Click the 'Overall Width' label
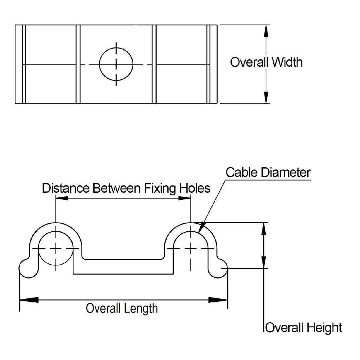point(266,62)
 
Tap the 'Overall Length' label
point(122,308)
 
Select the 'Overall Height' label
point(304,327)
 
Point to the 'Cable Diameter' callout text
point(268,172)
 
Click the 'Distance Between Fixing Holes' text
point(126,188)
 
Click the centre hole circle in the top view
point(116,64)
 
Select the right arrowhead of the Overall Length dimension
point(218,299)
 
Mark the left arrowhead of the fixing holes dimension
point(62,198)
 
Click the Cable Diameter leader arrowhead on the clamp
point(201,228)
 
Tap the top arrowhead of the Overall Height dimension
point(263,229)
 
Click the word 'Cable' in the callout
point(241,172)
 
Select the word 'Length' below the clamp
point(141,308)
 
